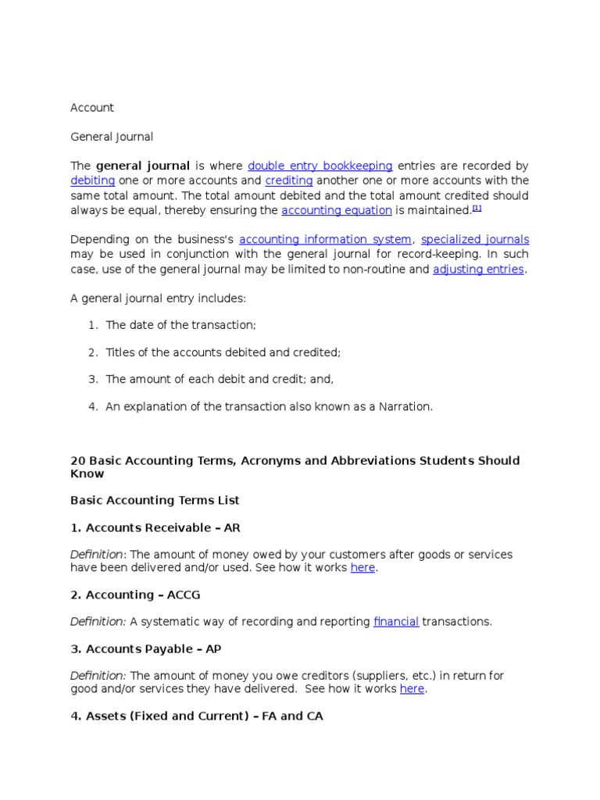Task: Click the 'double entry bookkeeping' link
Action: [320, 166]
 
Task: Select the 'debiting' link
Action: [93, 181]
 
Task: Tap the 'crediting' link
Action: [288, 181]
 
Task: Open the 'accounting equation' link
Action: [336, 211]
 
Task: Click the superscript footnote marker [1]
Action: [477, 208]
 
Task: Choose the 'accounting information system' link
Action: [325, 240]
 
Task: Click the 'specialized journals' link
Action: [474, 240]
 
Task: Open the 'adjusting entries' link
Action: [477, 270]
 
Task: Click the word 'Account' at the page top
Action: [92, 108]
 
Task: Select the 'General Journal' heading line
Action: [112, 137]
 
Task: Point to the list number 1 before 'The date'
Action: [92, 325]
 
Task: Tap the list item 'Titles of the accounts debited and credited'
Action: [223, 352]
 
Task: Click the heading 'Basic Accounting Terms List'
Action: [155, 501]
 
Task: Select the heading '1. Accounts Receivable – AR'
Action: [155, 528]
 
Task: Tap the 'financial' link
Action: [396, 622]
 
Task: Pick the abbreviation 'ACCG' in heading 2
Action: [184, 595]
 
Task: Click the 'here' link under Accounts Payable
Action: [412, 690]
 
